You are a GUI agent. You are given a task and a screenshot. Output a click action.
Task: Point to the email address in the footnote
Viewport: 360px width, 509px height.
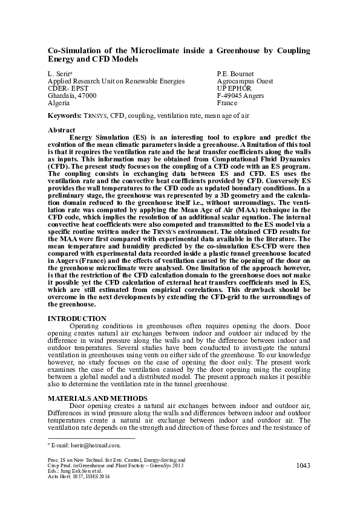(85, 445)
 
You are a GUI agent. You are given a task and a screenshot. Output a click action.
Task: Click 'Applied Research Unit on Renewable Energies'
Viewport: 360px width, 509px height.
(116, 80)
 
